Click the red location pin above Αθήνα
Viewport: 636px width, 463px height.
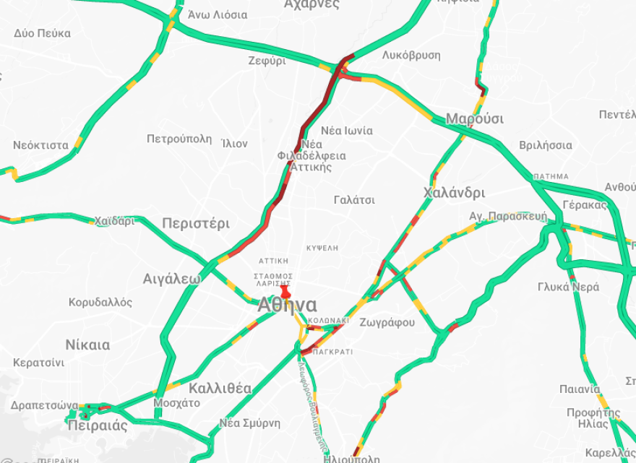(x=285, y=292)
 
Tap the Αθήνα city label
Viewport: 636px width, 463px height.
(x=287, y=306)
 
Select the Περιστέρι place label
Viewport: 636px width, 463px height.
(x=196, y=223)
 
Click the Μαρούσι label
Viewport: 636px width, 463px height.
(x=475, y=118)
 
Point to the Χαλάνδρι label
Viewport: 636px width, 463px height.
(x=454, y=193)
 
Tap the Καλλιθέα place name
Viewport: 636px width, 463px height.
(x=220, y=389)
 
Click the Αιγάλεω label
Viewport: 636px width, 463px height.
(x=171, y=279)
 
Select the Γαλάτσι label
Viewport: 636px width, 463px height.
(x=354, y=199)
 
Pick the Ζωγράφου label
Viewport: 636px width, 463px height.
(x=387, y=322)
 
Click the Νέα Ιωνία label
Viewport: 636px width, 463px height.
(x=347, y=131)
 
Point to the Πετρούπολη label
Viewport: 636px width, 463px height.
(x=179, y=139)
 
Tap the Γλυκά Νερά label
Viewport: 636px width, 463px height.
(x=568, y=287)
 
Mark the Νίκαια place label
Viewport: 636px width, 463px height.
(x=87, y=345)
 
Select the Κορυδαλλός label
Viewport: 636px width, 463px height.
(x=100, y=302)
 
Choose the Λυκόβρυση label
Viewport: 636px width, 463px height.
(x=411, y=55)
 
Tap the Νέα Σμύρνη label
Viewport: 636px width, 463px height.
(x=250, y=423)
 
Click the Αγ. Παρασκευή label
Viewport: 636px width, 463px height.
(x=507, y=216)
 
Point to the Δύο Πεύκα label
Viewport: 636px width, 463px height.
(x=42, y=33)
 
